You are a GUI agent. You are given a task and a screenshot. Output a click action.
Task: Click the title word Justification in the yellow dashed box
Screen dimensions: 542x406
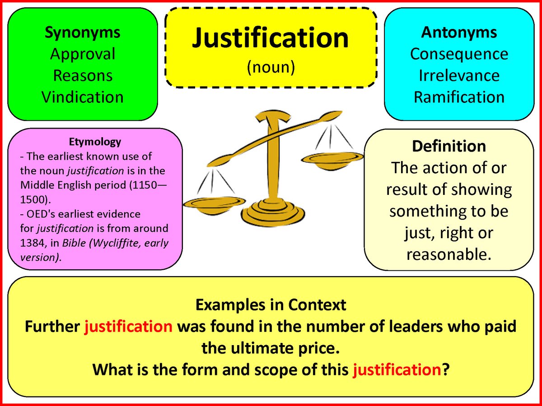click(271, 38)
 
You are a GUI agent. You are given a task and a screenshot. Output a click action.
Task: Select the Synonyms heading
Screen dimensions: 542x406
click(83, 32)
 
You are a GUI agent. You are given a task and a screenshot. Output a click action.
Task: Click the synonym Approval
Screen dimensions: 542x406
click(83, 54)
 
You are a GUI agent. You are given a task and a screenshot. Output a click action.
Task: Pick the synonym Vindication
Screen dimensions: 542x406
click(83, 97)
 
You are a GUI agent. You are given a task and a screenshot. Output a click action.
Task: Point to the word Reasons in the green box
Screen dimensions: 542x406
click(83, 75)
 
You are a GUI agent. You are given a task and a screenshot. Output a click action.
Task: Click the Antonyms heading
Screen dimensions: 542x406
click(459, 32)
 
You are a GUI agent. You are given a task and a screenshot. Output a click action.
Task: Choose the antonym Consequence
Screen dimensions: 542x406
click(459, 54)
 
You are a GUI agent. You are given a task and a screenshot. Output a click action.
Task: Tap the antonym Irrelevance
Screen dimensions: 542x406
click(459, 75)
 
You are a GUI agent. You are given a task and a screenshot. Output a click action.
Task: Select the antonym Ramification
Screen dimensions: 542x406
click(459, 97)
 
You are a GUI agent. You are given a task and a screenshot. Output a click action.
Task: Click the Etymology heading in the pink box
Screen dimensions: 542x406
click(95, 142)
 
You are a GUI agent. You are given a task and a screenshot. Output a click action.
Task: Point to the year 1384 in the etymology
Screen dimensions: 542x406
click(31, 243)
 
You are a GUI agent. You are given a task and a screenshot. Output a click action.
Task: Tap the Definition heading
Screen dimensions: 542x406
click(449, 146)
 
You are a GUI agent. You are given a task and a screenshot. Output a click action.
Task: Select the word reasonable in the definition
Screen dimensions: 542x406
click(449, 254)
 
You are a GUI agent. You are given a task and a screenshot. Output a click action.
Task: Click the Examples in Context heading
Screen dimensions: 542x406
click(271, 305)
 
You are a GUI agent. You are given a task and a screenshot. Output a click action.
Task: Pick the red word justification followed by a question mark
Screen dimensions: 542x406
click(397, 370)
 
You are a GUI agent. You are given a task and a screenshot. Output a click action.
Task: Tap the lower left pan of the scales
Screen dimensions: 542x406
click(214, 203)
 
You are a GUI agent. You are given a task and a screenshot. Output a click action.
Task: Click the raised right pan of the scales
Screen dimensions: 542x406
click(332, 157)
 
